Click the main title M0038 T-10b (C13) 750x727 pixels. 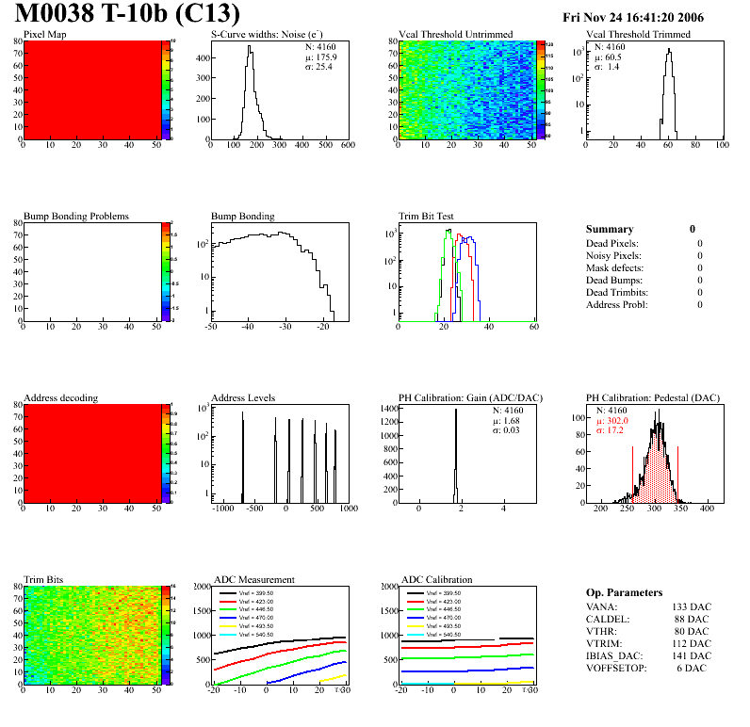[x=127, y=15]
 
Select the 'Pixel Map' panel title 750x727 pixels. [x=45, y=35]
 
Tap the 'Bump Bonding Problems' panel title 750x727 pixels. [x=76, y=216]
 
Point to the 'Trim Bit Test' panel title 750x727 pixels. [x=427, y=216]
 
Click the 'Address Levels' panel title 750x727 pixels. [x=243, y=397]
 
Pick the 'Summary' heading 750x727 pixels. [x=610, y=229]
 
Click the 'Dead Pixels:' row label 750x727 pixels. [x=613, y=244]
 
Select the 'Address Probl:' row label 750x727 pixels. [x=617, y=304]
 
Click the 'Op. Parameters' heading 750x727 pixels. [x=624, y=592]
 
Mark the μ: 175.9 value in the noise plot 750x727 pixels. [x=321, y=57]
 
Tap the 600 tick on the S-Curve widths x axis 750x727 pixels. [x=347, y=146]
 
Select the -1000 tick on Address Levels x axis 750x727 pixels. [x=222, y=509]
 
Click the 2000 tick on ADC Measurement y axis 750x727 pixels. [x=199, y=586]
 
